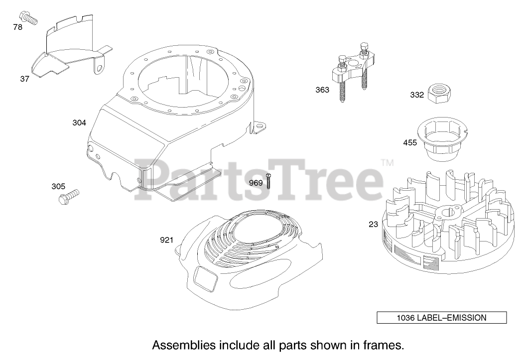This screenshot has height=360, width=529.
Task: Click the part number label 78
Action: pyautogui.click(x=17, y=27)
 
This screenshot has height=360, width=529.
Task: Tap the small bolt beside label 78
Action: pyautogui.click(x=29, y=19)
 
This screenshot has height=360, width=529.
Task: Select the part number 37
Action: pyautogui.click(x=25, y=79)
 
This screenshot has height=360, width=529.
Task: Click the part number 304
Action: pyautogui.click(x=79, y=122)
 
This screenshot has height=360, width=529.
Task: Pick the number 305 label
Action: pyautogui.click(x=58, y=186)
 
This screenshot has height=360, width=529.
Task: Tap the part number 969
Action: pyautogui.click(x=256, y=183)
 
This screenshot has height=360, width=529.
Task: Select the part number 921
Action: pyautogui.click(x=166, y=240)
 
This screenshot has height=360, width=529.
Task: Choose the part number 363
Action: pyautogui.click(x=322, y=90)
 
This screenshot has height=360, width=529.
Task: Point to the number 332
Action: pyautogui.click(x=417, y=95)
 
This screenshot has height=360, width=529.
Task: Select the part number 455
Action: pyautogui.click(x=410, y=143)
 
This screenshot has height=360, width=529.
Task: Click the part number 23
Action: pyautogui.click(x=373, y=224)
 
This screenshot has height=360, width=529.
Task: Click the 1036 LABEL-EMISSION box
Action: pyautogui.click(x=441, y=317)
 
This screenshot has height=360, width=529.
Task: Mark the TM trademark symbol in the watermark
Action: pyautogui.click(x=387, y=162)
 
